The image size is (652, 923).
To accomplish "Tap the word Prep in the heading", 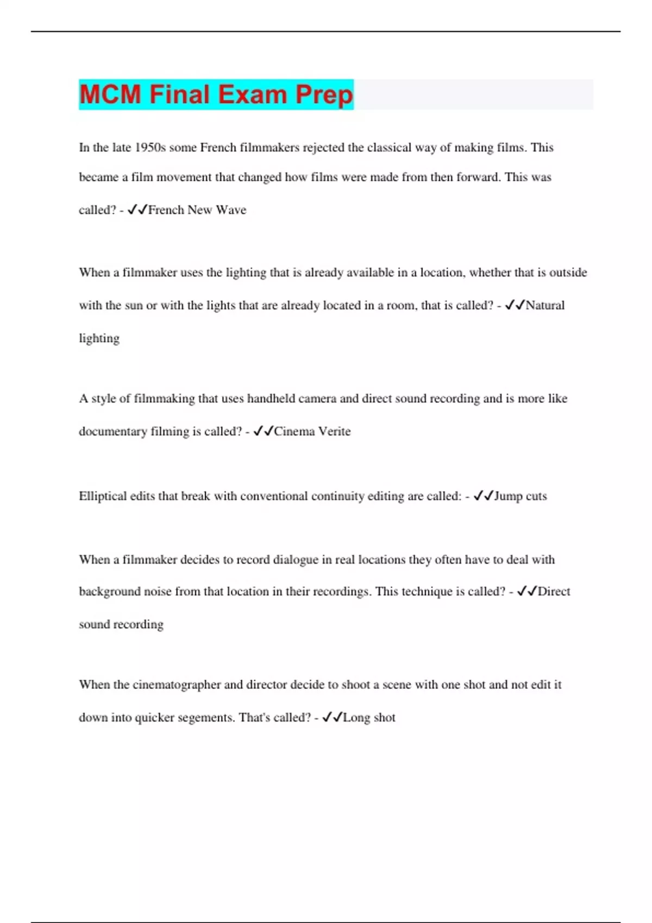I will coord(324,94).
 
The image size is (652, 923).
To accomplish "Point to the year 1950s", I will coord(150,148).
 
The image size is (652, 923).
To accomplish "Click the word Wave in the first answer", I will coord(231,210).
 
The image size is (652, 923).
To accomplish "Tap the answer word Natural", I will coord(545,305).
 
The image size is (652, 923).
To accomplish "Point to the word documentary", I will coord(113,432).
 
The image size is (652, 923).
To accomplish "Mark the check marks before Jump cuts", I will coord(483,496).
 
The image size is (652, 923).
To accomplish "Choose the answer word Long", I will coord(356,718).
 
